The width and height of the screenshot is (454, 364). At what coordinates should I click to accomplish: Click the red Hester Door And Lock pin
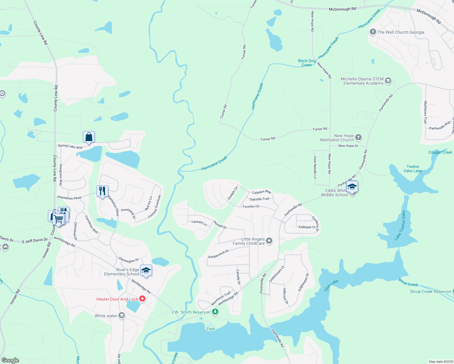pyautogui.click(x=142, y=299)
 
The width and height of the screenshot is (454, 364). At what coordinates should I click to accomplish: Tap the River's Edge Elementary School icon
pyautogui.click(x=146, y=271)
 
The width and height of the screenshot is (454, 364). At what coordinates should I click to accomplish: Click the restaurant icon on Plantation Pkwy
pyautogui.click(x=102, y=191)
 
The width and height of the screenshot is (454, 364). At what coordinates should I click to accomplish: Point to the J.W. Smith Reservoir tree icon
pyautogui.click(x=215, y=312)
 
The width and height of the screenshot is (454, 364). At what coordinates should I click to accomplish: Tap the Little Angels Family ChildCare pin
pyautogui.click(x=269, y=241)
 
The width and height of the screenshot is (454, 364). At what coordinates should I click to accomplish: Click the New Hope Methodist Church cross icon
pyautogui.click(x=358, y=137)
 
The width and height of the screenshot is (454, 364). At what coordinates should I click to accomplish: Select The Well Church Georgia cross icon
pyautogui.click(x=373, y=32)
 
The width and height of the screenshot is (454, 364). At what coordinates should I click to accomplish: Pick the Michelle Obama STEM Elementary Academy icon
pyautogui.click(x=388, y=81)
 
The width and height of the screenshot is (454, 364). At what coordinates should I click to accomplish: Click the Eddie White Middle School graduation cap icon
pyautogui.click(x=352, y=187)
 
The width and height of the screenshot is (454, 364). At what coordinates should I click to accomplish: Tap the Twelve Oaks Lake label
pyautogui.click(x=413, y=169)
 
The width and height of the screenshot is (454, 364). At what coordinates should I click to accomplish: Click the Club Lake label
pyautogui.click(x=331, y=285)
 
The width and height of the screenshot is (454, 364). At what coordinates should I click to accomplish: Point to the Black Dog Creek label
pyautogui.click(x=307, y=63)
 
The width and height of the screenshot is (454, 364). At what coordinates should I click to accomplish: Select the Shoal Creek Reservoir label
pyautogui.click(x=431, y=292)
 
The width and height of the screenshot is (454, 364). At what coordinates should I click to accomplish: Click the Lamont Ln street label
pyautogui.click(x=199, y=223)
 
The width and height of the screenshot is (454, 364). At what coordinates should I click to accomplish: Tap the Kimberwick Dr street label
pyautogui.click(x=219, y=254)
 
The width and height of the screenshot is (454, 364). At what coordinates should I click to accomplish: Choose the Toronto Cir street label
pyautogui.click(x=251, y=207)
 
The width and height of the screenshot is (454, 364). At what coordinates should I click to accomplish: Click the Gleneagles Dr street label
pyautogui.click(x=128, y=260)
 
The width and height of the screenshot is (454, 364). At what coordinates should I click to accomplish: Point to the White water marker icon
pyautogui.click(x=121, y=316)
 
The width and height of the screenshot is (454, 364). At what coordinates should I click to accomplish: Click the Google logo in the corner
pyautogui.click(x=10, y=360)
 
